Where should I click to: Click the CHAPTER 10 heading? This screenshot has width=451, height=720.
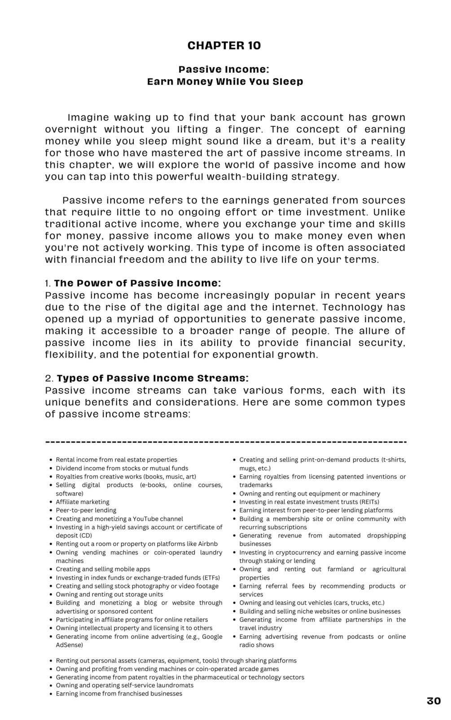point(224,45)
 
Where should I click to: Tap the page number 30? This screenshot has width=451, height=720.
point(433,701)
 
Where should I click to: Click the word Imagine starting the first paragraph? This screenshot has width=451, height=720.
point(88,118)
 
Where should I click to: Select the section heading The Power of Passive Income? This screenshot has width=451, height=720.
point(137,283)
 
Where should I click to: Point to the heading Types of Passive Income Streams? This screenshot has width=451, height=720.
point(153,378)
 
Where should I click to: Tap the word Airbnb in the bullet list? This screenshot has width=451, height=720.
point(208,544)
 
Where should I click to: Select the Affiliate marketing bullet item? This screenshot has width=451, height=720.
point(83,502)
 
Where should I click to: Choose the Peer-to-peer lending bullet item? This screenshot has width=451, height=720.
point(86,510)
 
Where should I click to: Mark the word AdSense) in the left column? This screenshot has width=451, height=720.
point(70,645)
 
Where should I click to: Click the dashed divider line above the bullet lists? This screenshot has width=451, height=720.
point(226,443)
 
